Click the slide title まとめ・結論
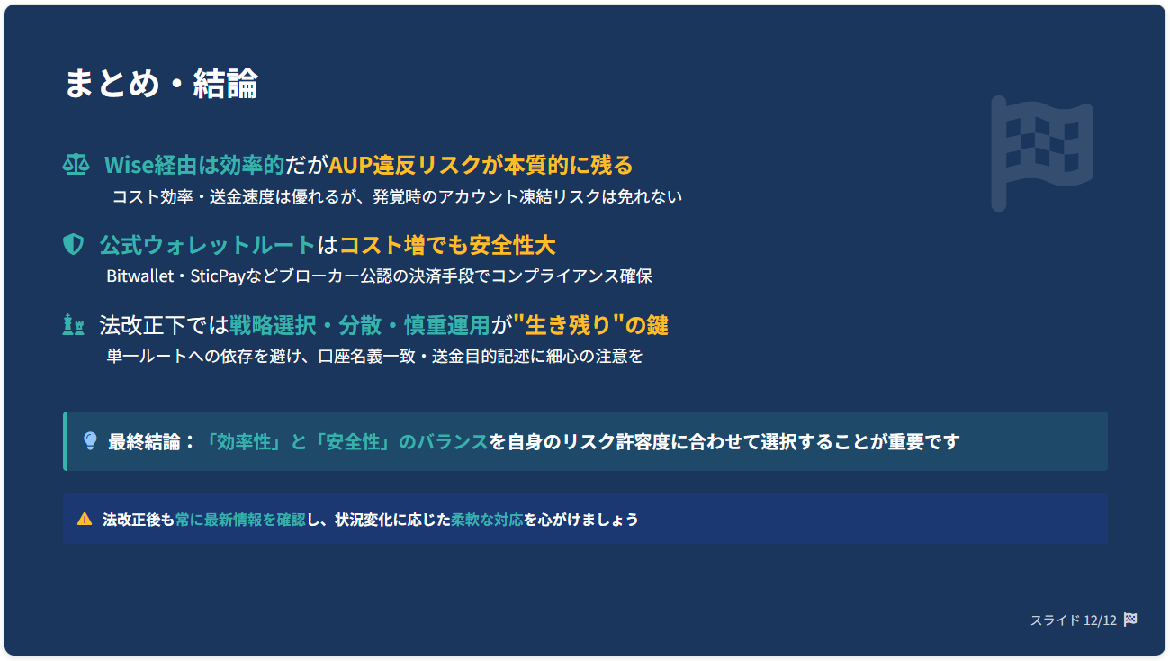tap(161, 83)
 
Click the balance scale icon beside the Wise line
tap(76, 165)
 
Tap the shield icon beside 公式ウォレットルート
tap(73, 244)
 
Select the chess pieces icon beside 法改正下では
tap(73, 324)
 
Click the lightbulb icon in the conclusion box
tap(90, 441)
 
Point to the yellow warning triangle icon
tap(85, 519)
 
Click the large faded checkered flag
tap(1041, 154)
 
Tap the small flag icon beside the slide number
tap(1130, 620)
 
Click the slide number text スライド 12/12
tap(1073, 620)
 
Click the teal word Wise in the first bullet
tap(129, 165)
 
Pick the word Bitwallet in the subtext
tap(140, 276)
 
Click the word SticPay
tap(218, 276)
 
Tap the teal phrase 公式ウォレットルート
tap(207, 245)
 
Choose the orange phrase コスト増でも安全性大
tap(447, 245)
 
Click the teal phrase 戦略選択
tap(273, 325)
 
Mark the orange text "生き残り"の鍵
tap(590, 325)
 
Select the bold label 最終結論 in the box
tap(144, 441)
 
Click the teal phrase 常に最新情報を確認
tap(240, 520)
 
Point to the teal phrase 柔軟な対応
tap(487, 520)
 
